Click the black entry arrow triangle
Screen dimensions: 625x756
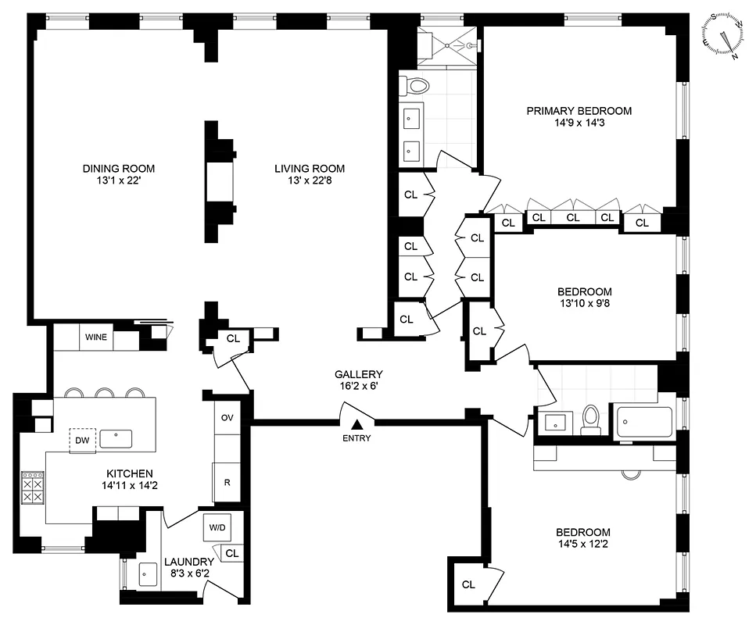pos(357,424)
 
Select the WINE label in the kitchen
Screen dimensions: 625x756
pos(98,338)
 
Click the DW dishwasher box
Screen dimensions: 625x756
pos(81,440)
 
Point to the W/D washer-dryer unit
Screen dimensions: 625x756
pos(216,527)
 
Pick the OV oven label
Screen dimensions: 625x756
pos(227,418)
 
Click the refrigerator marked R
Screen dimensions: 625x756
pos(227,482)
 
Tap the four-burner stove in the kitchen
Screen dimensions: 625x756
pos(33,488)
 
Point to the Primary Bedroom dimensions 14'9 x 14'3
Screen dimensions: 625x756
pos(579,123)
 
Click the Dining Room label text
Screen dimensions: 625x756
pos(119,168)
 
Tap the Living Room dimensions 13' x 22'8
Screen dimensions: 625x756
pos(309,180)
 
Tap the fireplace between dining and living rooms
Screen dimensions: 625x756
pos(219,180)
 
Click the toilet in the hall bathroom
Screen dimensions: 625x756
pos(592,420)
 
